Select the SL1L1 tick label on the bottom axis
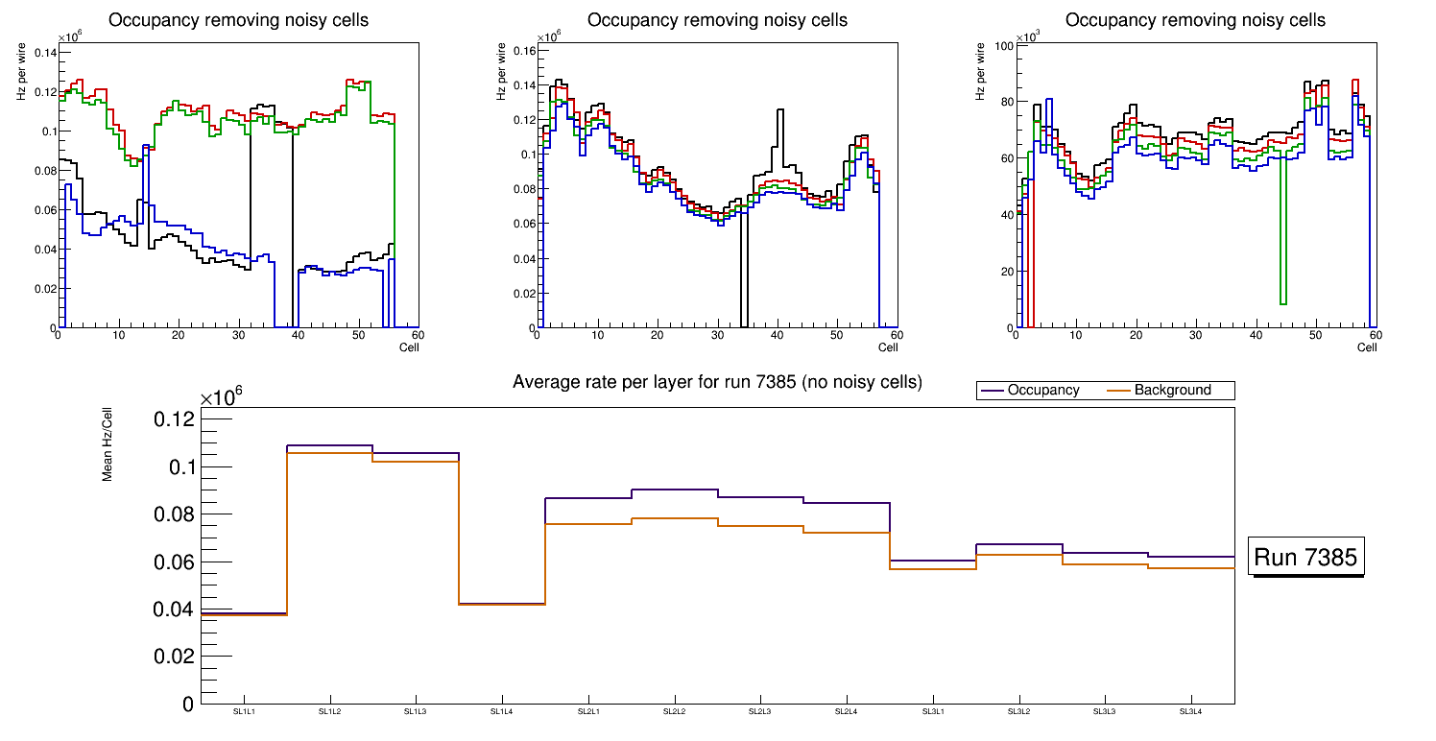[245, 712]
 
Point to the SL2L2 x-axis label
[674, 712]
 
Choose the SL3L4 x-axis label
[1190, 712]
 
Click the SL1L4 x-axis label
[502, 712]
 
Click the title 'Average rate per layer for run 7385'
[717, 382]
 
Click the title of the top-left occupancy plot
[238, 20]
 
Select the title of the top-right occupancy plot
[1195, 20]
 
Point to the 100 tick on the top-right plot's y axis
[1004, 45]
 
